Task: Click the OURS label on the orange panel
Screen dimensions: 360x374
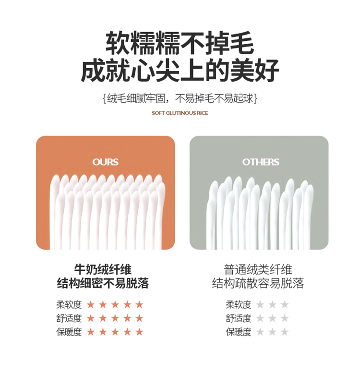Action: (x=106, y=162)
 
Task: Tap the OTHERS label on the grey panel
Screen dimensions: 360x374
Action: (x=261, y=162)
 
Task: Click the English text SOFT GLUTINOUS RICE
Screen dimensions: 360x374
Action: (x=180, y=113)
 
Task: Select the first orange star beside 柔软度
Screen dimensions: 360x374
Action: (x=91, y=304)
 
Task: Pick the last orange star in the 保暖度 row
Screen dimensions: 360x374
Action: (x=139, y=332)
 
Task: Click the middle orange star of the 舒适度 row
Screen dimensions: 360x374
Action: (x=115, y=318)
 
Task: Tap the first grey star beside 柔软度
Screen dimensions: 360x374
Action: (x=260, y=304)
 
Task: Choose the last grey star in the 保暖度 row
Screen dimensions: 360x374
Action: (x=285, y=332)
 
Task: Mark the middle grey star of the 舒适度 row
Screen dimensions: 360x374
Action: (x=272, y=318)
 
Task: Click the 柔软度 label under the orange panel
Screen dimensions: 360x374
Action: (x=69, y=304)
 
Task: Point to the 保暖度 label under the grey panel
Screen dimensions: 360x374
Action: (x=239, y=332)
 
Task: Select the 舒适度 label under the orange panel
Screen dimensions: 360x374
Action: (x=69, y=318)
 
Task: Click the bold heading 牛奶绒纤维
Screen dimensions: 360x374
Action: (x=103, y=269)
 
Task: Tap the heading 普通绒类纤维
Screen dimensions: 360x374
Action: (x=258, y=269)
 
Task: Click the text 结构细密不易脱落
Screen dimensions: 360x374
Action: (x=103, y=283)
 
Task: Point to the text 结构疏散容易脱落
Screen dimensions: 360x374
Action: (x=258, y=283)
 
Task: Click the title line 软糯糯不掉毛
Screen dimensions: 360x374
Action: (x=180, y=43)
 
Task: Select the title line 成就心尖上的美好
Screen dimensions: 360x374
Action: (x=180, y=71)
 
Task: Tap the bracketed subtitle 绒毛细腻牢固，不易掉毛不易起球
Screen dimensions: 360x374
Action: (x=180, y=98)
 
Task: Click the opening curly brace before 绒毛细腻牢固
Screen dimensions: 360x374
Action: (x=104, y=98)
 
